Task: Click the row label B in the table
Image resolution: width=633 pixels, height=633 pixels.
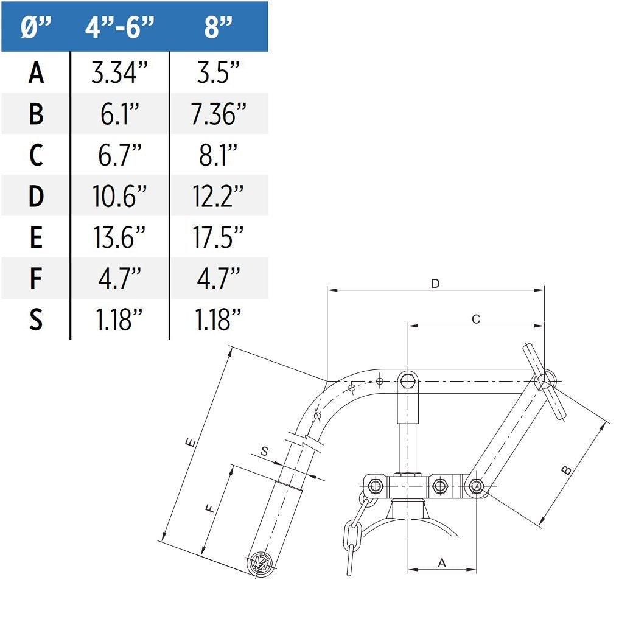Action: (36, 114)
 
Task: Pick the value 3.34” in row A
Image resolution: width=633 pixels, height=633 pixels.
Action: (119, 72)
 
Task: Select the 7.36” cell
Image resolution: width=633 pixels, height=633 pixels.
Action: (218, 114)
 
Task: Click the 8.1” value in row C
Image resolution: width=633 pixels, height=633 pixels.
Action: (218, 155)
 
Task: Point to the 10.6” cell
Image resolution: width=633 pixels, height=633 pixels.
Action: (119, 197)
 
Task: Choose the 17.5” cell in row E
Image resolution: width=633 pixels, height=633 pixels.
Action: (218, 237)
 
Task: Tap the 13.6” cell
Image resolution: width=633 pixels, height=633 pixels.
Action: (119, 237)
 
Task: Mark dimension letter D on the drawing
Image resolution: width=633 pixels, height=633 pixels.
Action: (435, 284)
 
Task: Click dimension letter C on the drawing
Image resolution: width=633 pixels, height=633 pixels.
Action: (476, 319)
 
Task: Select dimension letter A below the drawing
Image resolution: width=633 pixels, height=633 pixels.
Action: (442, 563)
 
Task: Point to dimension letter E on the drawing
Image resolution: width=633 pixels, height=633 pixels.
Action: (191, 443)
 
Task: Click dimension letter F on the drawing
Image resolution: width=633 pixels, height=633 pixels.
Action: (211, 509)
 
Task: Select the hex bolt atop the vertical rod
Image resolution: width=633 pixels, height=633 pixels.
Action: (408, 382)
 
